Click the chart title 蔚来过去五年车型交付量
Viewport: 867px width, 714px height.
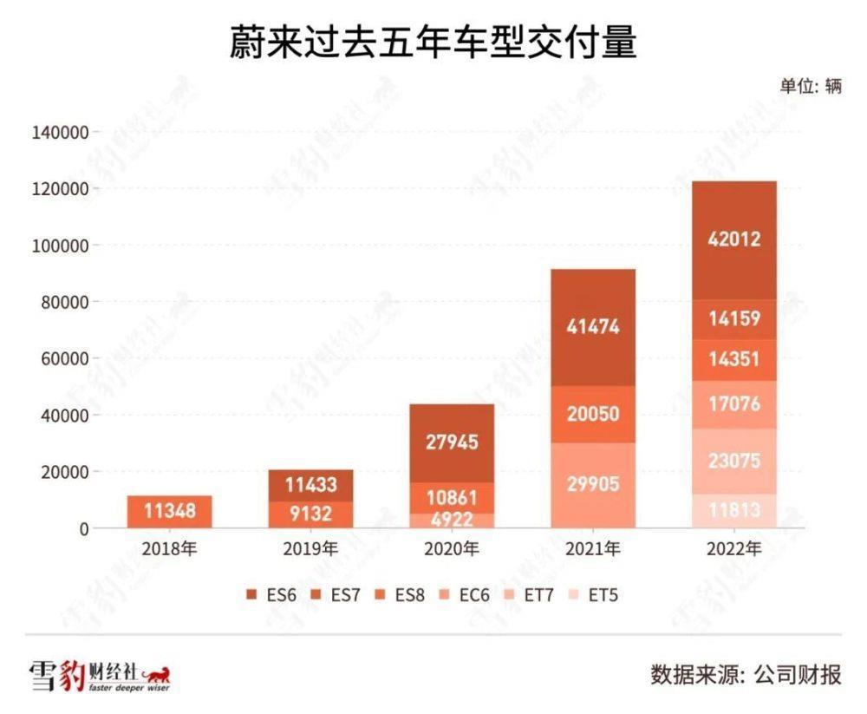click(x=433, y=43)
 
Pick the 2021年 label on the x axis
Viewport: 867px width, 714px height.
click(x=593, y=549)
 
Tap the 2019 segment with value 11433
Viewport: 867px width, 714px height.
click(x=310, y=485)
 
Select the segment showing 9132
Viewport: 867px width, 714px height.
click(x=310, y=514)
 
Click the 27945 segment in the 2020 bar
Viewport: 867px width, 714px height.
click(x=453, y=442)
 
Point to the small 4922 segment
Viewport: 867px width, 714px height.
click(x=453, y=521)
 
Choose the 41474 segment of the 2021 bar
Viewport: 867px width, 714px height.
click(x=594, y=327)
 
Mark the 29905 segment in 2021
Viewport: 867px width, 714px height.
click(x=594, y=484)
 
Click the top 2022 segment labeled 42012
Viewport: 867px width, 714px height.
click(x=734, y=239)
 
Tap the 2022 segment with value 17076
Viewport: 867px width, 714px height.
click(x=734, y=404)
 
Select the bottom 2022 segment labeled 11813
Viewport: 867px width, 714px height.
click(x=734, y=511)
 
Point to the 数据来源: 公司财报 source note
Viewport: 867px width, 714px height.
click(x=746, y=674)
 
